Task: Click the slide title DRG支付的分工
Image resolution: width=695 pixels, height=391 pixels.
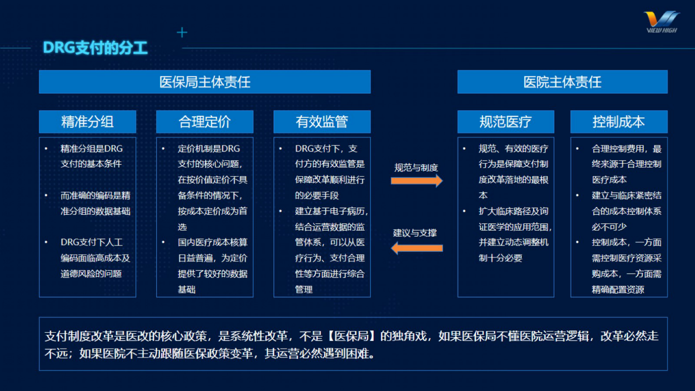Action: pos(95,48)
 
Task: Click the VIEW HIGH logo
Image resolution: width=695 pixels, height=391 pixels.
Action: pos(661,22)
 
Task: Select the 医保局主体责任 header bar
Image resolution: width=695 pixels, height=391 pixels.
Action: pos(205,82)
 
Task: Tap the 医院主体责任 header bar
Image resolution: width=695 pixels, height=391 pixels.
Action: pos(562,82)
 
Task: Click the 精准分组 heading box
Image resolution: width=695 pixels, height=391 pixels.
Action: pos(88,122)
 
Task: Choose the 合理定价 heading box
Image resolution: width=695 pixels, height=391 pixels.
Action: pos(205,122)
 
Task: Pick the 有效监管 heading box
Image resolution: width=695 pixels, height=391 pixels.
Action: pos(322,122)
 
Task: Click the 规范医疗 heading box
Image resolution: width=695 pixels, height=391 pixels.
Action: pos(505,122)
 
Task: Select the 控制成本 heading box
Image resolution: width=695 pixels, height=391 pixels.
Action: pos(618,122)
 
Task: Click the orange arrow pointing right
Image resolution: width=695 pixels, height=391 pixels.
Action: pos(416,181)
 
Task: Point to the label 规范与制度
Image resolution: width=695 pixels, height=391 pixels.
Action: pos(416,168)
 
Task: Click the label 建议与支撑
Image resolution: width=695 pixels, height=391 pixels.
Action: pos(415,233)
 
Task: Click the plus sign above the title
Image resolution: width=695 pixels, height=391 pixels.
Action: pos(182,32)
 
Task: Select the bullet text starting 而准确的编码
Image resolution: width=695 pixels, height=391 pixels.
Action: pos(95,203)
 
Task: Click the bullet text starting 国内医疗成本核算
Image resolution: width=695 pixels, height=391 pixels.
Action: pos(212,266)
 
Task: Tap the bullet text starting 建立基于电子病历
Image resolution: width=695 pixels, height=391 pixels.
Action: pos(330,250)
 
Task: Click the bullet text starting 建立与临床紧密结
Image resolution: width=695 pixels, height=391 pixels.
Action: pos(626,211)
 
